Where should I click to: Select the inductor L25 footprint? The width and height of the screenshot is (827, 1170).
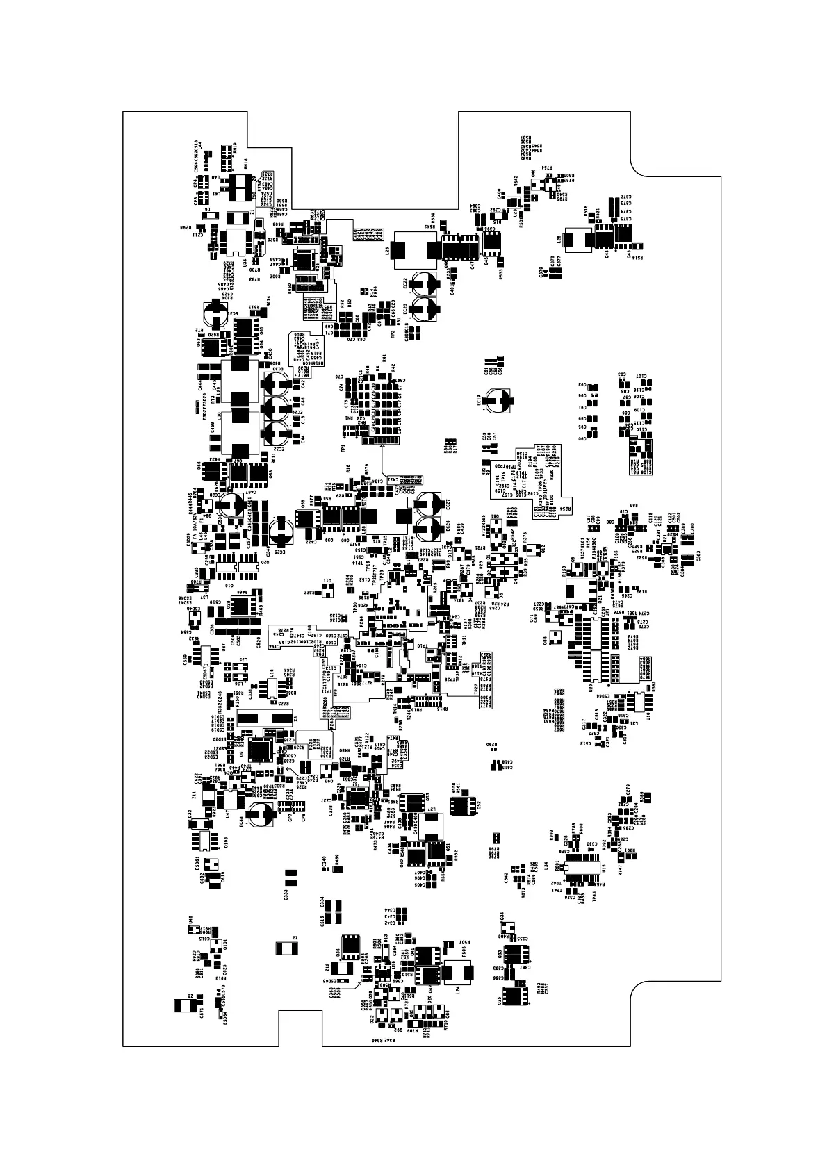pyautogui.click(x=576, y=240)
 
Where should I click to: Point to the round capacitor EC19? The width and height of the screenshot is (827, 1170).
pyautogui.click(x=499, y=397)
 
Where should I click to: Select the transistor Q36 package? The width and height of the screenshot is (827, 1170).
pyautogui.click(x=351, y=945)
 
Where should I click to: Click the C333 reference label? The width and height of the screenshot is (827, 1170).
pyautogui.click(x=286, y=896)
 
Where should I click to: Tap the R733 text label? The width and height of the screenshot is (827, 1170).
pyautogui.click(x=255, y=279)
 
